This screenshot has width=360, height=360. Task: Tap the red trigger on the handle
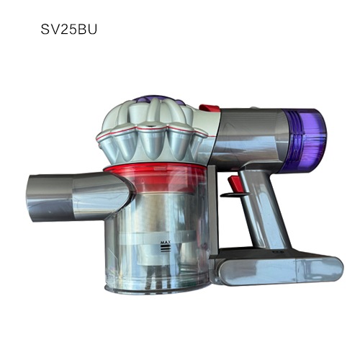235,185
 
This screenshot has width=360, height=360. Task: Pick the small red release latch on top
210,108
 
